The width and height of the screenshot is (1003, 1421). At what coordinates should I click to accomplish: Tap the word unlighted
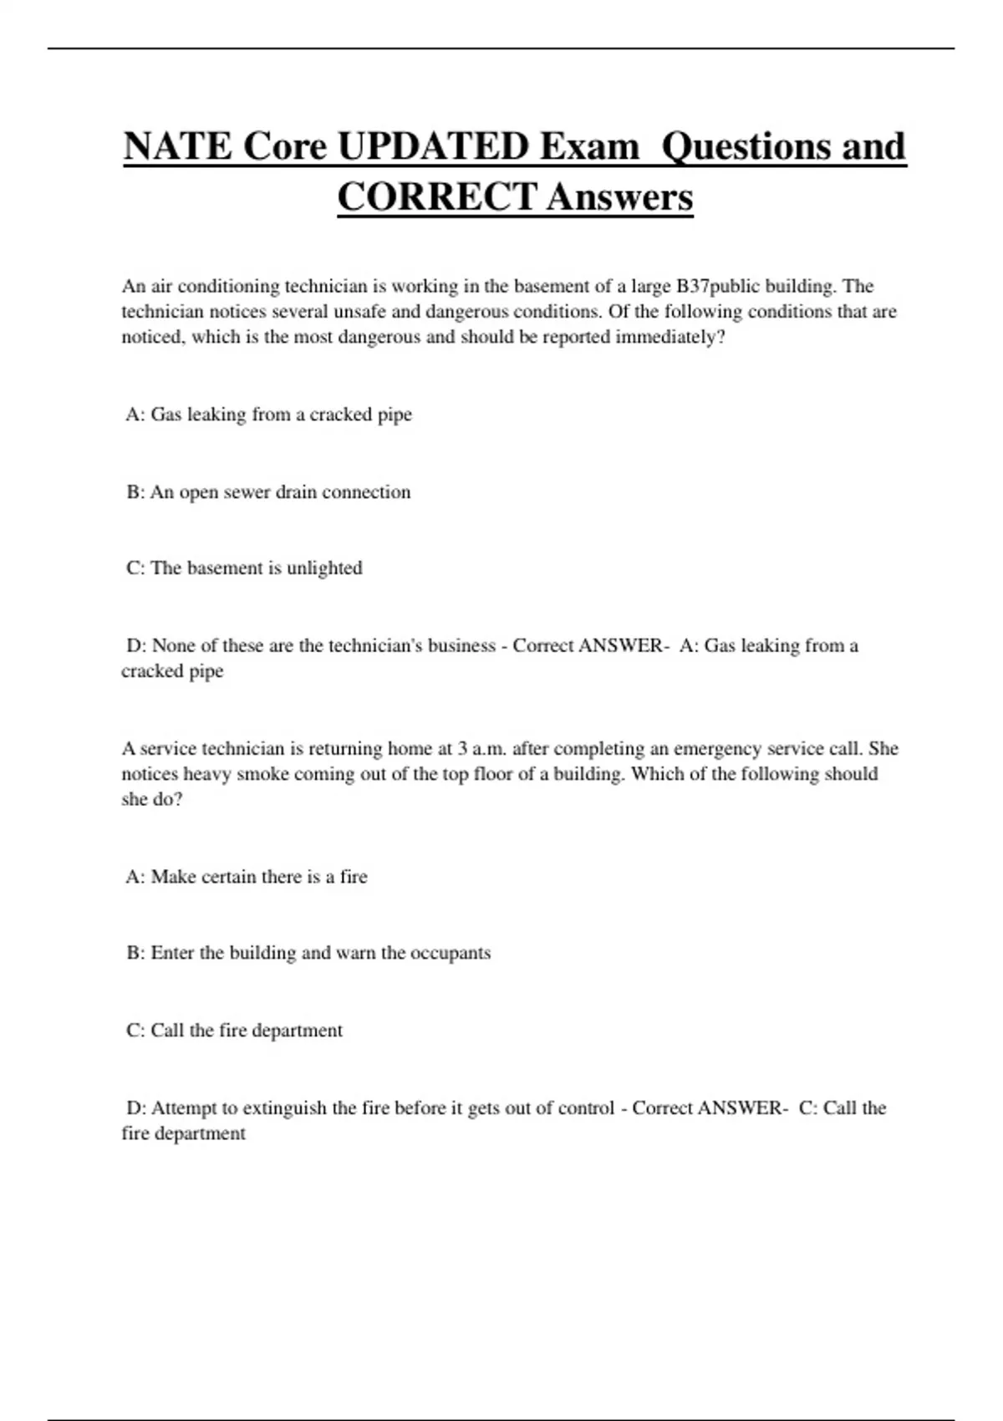click(324, 568)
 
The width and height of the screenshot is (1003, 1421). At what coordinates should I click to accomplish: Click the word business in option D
click(461, 646)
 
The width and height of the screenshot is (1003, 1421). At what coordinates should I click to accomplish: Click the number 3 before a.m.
click(462, 749)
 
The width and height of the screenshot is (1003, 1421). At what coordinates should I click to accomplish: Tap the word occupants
click(450, 953)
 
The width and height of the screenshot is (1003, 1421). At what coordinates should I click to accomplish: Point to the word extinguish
click(284, 1108)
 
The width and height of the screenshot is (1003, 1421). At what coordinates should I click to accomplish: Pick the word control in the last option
click(585, 1108)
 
